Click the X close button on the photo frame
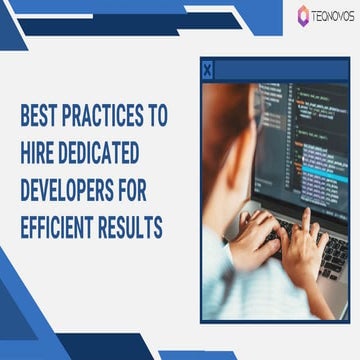click(x=207, y=70)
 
